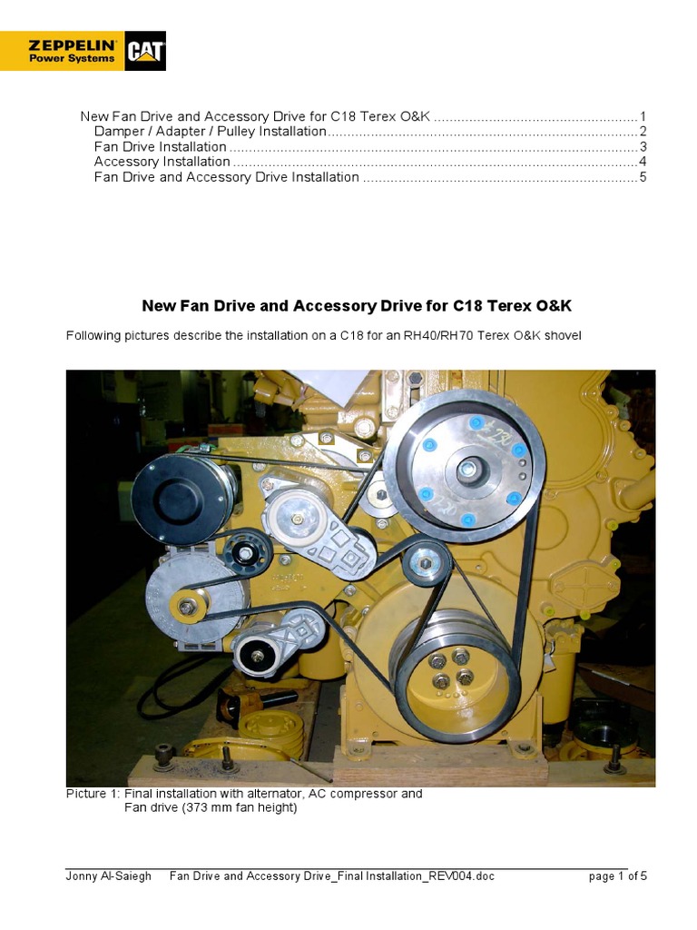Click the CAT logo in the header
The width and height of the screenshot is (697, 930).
pos(145,52)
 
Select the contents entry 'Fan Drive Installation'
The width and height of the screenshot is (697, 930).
pos(160,146)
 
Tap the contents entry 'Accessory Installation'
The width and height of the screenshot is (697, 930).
pos(162,162)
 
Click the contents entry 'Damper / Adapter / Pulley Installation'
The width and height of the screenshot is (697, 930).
pos(210,132)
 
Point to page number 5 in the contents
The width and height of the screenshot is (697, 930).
pos(642,177)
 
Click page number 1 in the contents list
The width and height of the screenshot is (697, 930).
pos(642,116)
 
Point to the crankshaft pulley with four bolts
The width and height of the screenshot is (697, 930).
pos(450,668)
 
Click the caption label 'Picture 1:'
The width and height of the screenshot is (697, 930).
pos(93,793)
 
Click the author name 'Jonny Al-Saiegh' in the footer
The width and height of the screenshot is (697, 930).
pos(108,876)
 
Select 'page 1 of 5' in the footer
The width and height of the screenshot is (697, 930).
pos(617,876)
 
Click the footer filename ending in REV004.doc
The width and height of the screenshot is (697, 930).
pos(332,876)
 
